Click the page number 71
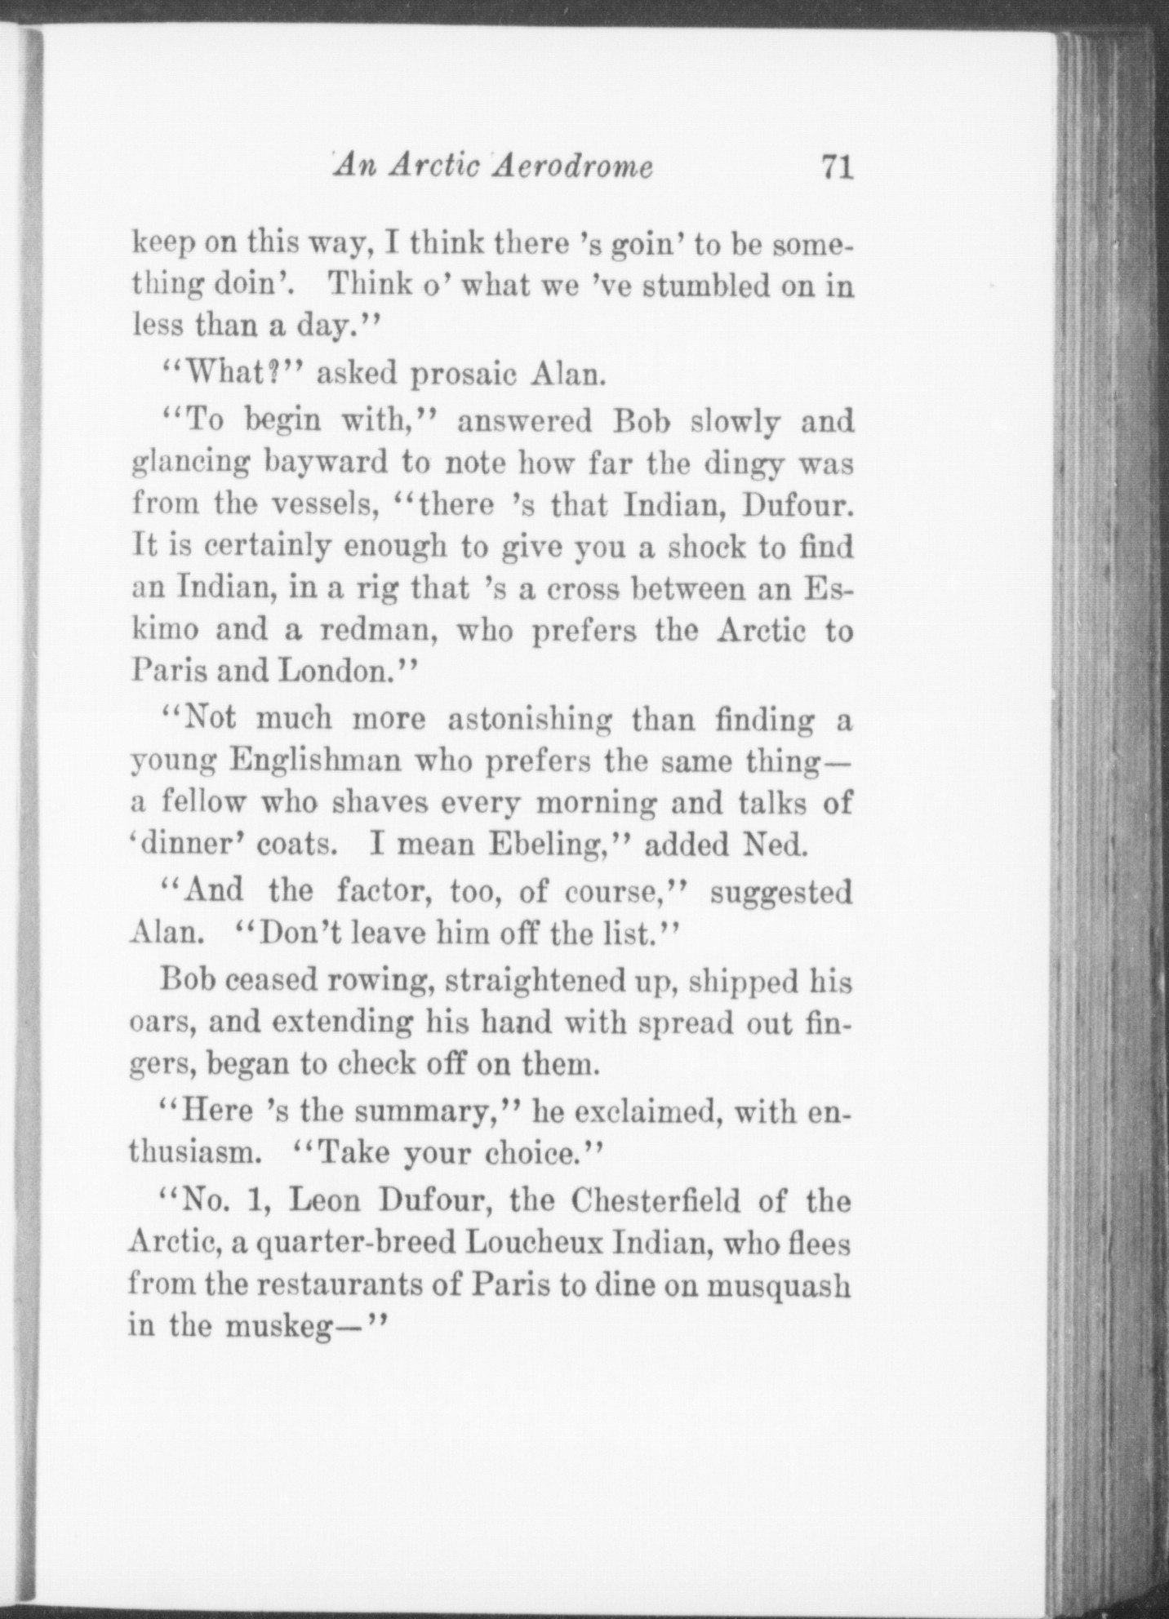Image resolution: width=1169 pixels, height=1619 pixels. pos(838,166)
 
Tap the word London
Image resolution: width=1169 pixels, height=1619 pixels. pos(333,672)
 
